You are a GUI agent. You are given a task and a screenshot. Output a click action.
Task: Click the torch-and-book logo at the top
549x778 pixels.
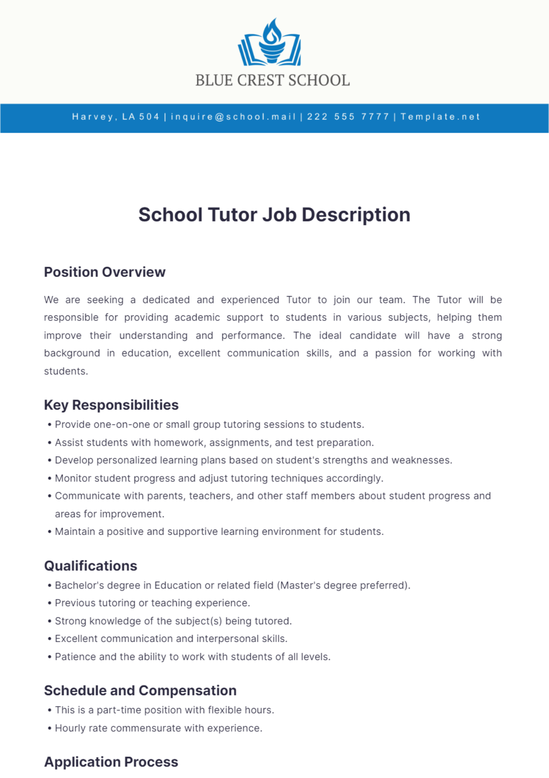[270, 43]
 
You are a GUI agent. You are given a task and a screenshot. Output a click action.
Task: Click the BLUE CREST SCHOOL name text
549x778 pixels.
[273, 81]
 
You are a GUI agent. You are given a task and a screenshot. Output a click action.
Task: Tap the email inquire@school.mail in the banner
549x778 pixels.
[233, 117]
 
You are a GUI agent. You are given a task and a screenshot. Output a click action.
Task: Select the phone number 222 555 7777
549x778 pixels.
[348, 117]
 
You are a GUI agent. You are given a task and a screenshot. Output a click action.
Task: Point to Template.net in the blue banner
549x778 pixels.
[440, 117]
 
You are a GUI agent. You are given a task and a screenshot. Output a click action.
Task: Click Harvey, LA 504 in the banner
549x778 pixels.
[115, 117]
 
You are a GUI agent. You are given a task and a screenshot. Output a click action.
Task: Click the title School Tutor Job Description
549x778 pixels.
[274, 215]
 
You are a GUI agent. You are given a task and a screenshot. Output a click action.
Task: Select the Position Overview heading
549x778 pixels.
[104, 272]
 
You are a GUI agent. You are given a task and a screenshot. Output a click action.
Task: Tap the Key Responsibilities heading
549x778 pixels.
[111, 405]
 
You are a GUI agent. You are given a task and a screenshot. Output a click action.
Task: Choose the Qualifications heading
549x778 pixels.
[91, 566]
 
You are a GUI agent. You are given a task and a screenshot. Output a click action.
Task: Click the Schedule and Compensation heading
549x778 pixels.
[140, 691]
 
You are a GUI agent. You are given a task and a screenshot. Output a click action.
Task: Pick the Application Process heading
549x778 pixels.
[111, 762]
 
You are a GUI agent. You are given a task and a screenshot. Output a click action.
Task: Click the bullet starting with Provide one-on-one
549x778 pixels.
[209, 425]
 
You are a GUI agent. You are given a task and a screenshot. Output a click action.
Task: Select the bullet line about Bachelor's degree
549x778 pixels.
[232, 585]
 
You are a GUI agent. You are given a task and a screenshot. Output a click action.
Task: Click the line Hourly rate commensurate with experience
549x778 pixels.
[158, 728]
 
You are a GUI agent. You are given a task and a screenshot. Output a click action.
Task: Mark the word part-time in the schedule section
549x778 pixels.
[119, 710]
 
